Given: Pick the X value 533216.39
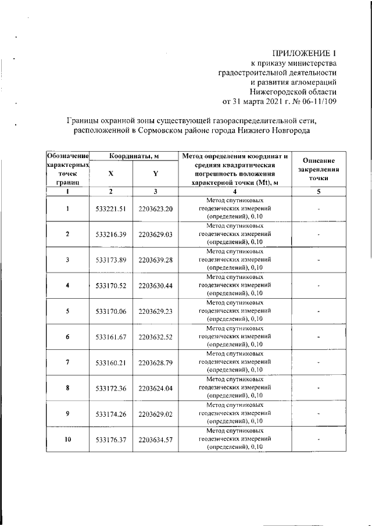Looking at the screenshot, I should [x=110, y=234].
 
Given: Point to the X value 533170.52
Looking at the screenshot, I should [x=110, y=285].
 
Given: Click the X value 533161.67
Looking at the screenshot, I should [x=110, y=337].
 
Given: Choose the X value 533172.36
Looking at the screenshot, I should [x=110, y=388].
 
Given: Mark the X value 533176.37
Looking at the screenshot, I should [x=110, y=439].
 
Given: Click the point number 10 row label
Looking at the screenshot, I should [x=67, y=439].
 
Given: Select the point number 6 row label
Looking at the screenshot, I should [x=67, y=337].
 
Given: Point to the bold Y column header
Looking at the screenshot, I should [x=155, y=174].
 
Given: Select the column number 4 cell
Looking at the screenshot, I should [x=235, y=191].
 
